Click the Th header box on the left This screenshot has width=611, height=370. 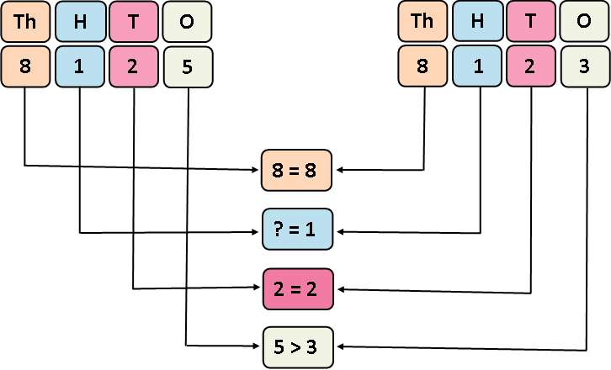pyautogui.click(x=24, y=23)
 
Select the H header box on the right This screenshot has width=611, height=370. pyautogui.click(x=477, y=23)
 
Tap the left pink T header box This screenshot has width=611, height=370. pyautogui.click(x=134, y=23)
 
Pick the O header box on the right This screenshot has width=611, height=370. pyautogui.click(x=585, y=23)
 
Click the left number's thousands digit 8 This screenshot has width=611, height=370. pyautogui.click(x=24, y=66)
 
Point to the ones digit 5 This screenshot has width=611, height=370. pyautogui.click(x=188, y=66)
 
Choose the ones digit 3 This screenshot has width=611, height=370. pyautogui.click(x=585, y=66)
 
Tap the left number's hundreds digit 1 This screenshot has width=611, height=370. pyautogui.click(x=79, y=66)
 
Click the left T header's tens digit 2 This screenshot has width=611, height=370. pyautogui.click(x=134, y=66)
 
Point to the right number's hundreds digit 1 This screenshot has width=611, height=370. pyautogui.click(x=477, y=66)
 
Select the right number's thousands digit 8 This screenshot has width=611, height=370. pyautogui.click(x=422, y=66)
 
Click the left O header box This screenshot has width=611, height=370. pyautogui.click(x=188, y=23)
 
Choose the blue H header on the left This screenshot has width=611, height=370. pyautogui.click(x=79, y=23)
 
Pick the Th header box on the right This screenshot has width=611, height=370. pyautogui.click(x=422, y=23)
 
